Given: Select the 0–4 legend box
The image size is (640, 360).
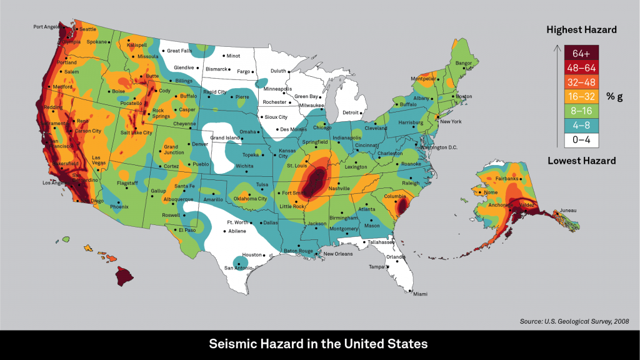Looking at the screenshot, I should click(581, 139).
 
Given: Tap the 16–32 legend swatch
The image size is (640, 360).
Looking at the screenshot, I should click(581, 96).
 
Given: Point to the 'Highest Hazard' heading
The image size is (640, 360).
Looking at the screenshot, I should click(581, 29).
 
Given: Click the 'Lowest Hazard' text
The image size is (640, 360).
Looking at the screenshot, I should click(581, 161).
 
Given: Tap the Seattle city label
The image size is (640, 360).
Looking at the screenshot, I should click(87, 29).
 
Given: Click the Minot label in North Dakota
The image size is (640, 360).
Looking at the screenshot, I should click(233, 56).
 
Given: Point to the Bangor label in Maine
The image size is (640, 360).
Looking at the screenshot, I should click(464, 62).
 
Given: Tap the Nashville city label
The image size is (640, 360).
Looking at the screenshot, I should click(339, 187).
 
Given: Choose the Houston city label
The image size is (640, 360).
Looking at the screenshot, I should click(252, 255).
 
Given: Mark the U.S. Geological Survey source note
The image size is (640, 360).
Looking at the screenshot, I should click(574, 321).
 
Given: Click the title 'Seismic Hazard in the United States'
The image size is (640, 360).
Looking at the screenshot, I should click(319, 344).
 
